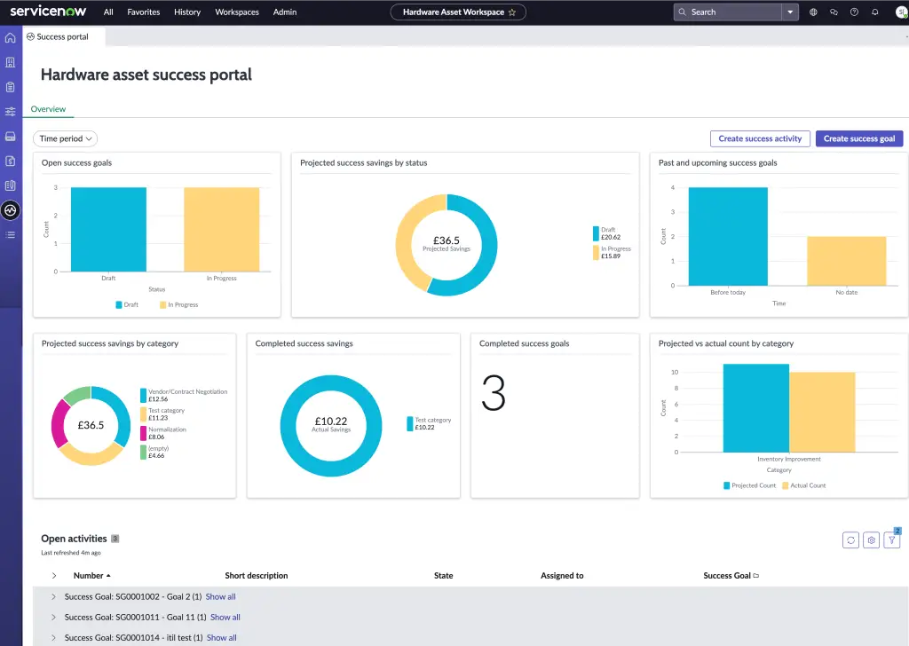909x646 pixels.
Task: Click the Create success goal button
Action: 858,138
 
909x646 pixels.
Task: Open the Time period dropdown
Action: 65,138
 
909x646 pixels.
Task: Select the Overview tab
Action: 49,109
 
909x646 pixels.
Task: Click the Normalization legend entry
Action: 167,429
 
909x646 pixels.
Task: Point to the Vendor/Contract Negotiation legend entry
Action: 187,391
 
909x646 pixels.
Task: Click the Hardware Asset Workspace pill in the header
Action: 458,12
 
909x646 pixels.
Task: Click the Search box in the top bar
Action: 728,12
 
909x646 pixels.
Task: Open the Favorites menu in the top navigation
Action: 144,12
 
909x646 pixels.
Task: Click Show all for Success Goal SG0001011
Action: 225,617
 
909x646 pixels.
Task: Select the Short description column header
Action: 257,576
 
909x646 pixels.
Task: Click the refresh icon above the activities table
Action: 850,540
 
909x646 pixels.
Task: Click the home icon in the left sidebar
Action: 11,38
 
